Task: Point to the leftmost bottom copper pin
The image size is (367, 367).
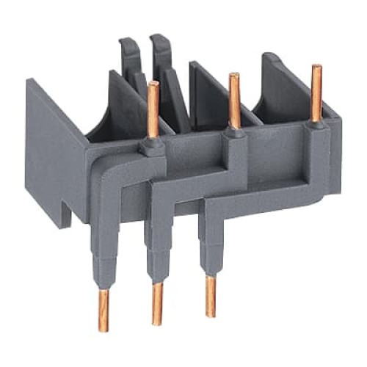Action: coord(103,309)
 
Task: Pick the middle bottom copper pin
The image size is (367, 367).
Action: coord(156,303)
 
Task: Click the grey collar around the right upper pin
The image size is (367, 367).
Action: coord(316,128)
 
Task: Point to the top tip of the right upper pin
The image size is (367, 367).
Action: coord(316,68)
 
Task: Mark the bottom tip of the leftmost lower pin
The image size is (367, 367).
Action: coord(103,329)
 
